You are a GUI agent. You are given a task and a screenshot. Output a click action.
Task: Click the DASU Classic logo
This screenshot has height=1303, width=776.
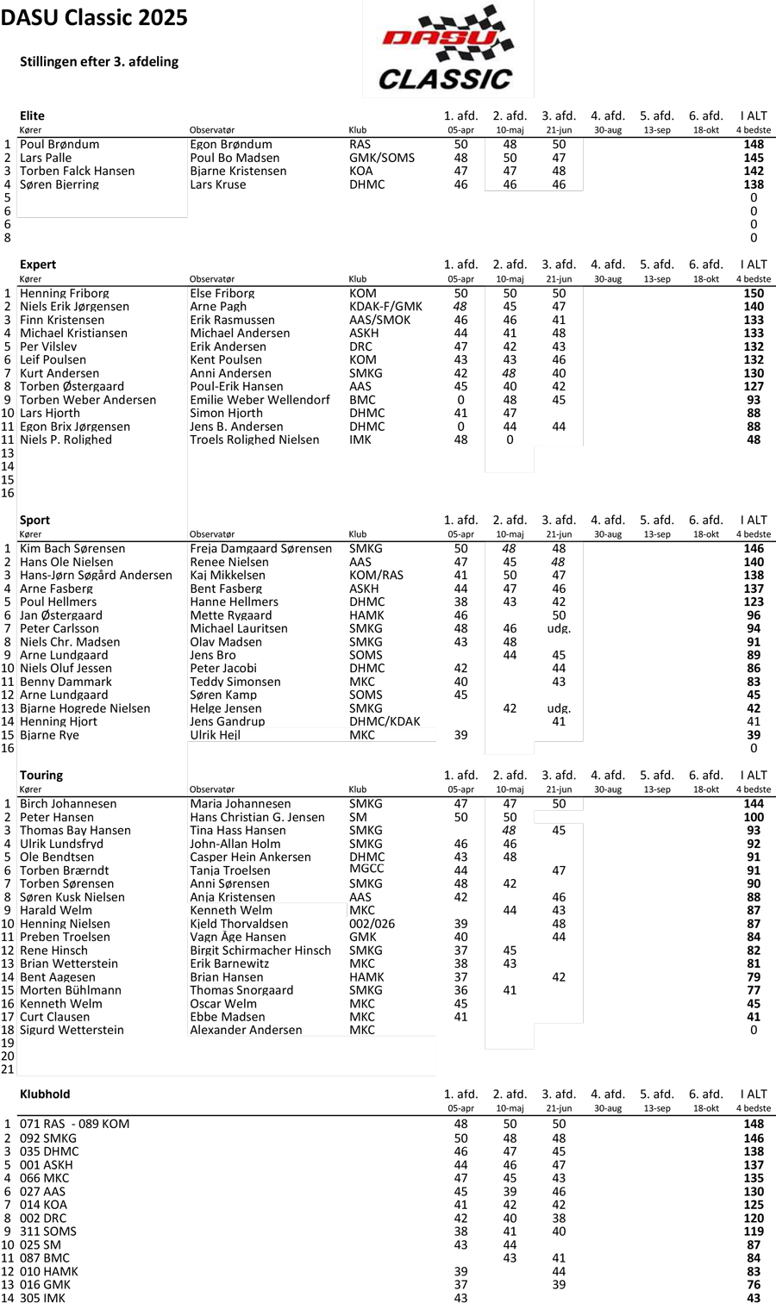point(447,49)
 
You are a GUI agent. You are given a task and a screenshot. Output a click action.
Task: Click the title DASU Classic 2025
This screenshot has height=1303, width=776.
point(94,18)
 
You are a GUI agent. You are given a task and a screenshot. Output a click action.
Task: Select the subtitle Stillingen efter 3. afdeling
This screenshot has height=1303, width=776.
point(99,62)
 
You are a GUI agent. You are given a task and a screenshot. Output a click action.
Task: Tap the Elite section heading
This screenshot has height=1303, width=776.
point(32,115)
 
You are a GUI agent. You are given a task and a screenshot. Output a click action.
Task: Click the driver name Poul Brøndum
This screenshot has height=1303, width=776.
point(59,145)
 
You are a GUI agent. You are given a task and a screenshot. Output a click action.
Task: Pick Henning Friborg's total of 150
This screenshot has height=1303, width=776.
point(754,294)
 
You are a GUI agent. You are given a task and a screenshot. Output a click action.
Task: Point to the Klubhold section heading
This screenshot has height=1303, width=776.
point(45,1094)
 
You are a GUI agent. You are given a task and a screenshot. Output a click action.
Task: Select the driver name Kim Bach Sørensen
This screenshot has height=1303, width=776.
point(72,549)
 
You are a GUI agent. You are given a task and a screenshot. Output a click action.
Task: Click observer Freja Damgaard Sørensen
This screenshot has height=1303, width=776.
point(260,549)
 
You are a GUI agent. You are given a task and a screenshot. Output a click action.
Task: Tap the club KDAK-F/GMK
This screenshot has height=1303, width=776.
point(385,307)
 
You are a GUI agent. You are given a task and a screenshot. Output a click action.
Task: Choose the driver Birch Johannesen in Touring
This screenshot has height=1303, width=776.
point(68,804)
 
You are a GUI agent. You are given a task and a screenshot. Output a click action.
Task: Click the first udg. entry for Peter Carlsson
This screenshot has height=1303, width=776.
point(559,629)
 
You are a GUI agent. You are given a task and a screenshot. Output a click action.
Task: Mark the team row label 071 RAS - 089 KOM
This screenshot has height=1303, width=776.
point(74,1124)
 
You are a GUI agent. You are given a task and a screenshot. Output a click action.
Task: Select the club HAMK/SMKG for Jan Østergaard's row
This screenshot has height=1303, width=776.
point(366,615)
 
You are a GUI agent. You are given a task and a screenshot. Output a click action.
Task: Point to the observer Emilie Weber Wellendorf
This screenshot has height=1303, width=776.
point(260,400)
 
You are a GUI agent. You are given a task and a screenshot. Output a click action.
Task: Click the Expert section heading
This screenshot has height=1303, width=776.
point(38,265)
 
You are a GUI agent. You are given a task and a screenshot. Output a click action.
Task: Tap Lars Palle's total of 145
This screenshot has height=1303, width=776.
point(754,158)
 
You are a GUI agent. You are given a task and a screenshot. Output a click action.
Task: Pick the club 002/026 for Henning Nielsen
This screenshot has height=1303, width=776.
point(372,924)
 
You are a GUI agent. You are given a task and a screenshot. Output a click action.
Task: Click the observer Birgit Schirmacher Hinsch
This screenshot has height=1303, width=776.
point(260,951)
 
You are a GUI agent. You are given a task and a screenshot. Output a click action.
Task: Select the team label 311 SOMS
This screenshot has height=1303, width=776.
point(48,1231)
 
